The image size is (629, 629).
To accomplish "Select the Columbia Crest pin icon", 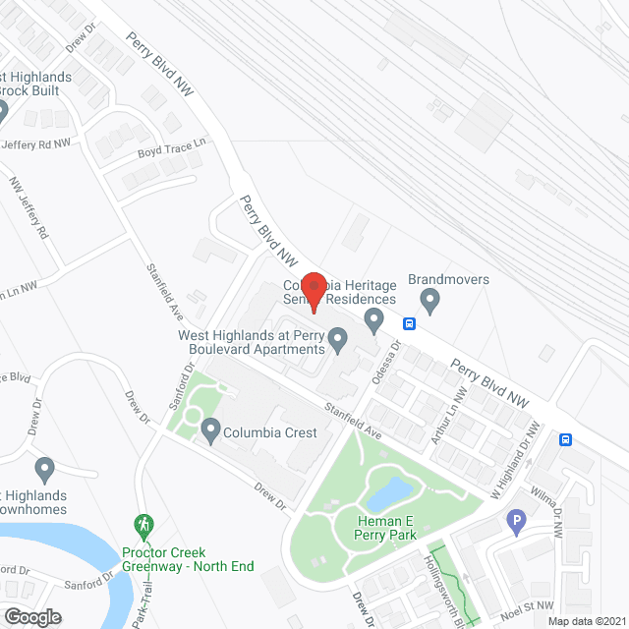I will coord(210,429).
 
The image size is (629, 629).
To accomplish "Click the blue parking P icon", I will coord(516,522).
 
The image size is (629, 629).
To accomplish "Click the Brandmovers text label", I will coord(448,279).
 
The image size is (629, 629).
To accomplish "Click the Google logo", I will coord(32,616).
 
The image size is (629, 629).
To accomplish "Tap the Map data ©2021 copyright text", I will coord(585,621).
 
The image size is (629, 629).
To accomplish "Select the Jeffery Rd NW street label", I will coord(37,143).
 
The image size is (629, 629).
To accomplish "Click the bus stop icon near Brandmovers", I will coord(409,323).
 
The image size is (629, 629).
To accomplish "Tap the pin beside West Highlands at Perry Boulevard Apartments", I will coord(338,341).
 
